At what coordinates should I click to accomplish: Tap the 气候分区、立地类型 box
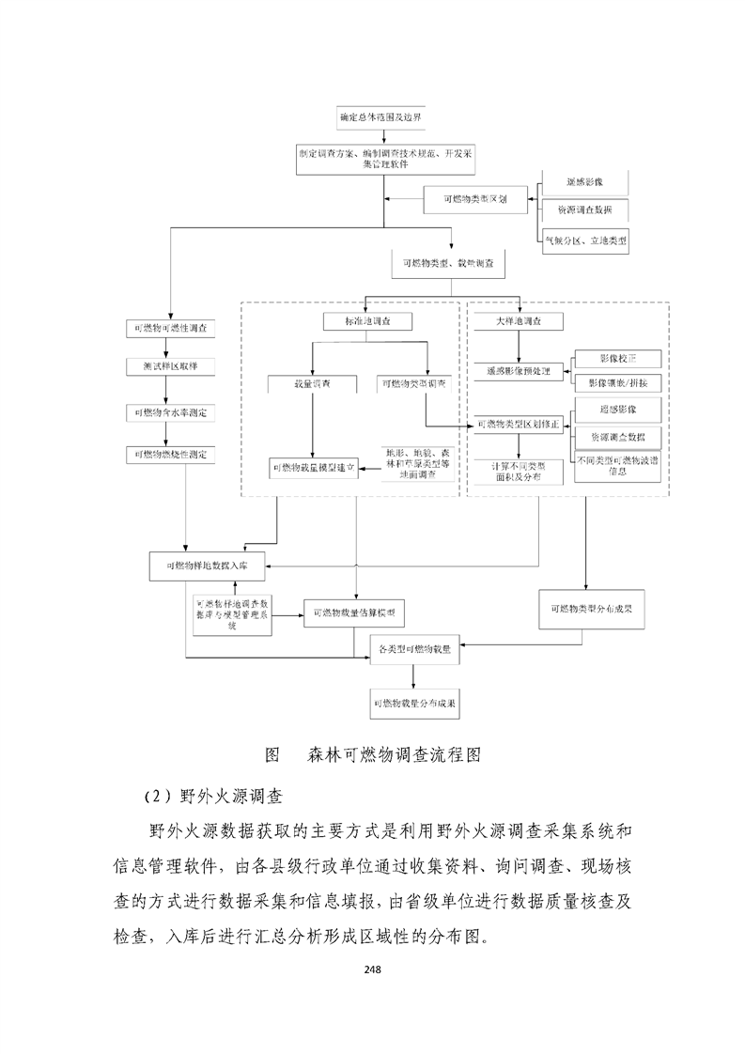586,241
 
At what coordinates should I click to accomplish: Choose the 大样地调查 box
517,321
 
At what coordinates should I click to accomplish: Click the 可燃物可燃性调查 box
171,328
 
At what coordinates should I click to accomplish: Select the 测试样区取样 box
171,364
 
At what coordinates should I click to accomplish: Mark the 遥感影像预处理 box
517,371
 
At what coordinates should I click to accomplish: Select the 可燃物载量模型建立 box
313,466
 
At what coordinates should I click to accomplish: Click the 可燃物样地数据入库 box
208,566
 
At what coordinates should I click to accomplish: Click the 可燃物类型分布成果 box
591,608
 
